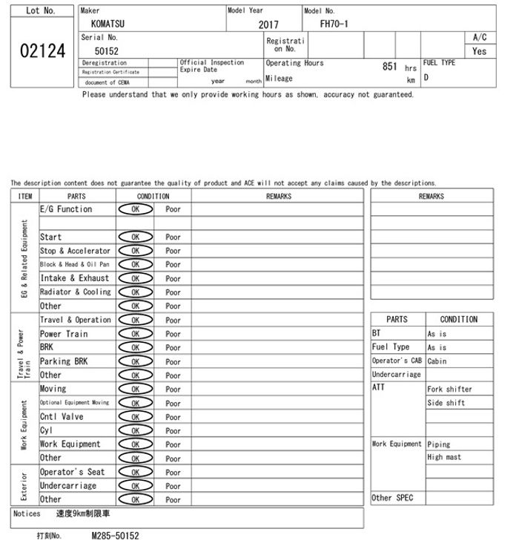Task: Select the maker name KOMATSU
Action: (108, 24)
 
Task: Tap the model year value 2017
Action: (268, 24)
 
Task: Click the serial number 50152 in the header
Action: (106, 51)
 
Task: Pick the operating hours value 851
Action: (390, 67)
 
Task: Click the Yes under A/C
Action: (480, 51)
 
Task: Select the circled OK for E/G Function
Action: (135, 210)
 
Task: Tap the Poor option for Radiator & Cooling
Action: (173, 292)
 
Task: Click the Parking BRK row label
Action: (64, 361)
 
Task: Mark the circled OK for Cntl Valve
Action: (135, 417)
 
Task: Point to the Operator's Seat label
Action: (72, 472)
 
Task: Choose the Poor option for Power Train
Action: (173, 334)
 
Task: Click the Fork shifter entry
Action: (449, 389)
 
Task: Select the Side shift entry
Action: (446, 403)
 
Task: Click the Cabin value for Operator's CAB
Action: (437, 361)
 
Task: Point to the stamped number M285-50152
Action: (115, 535)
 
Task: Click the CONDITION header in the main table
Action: (153, 196)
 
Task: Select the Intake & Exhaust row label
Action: (74, 278)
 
